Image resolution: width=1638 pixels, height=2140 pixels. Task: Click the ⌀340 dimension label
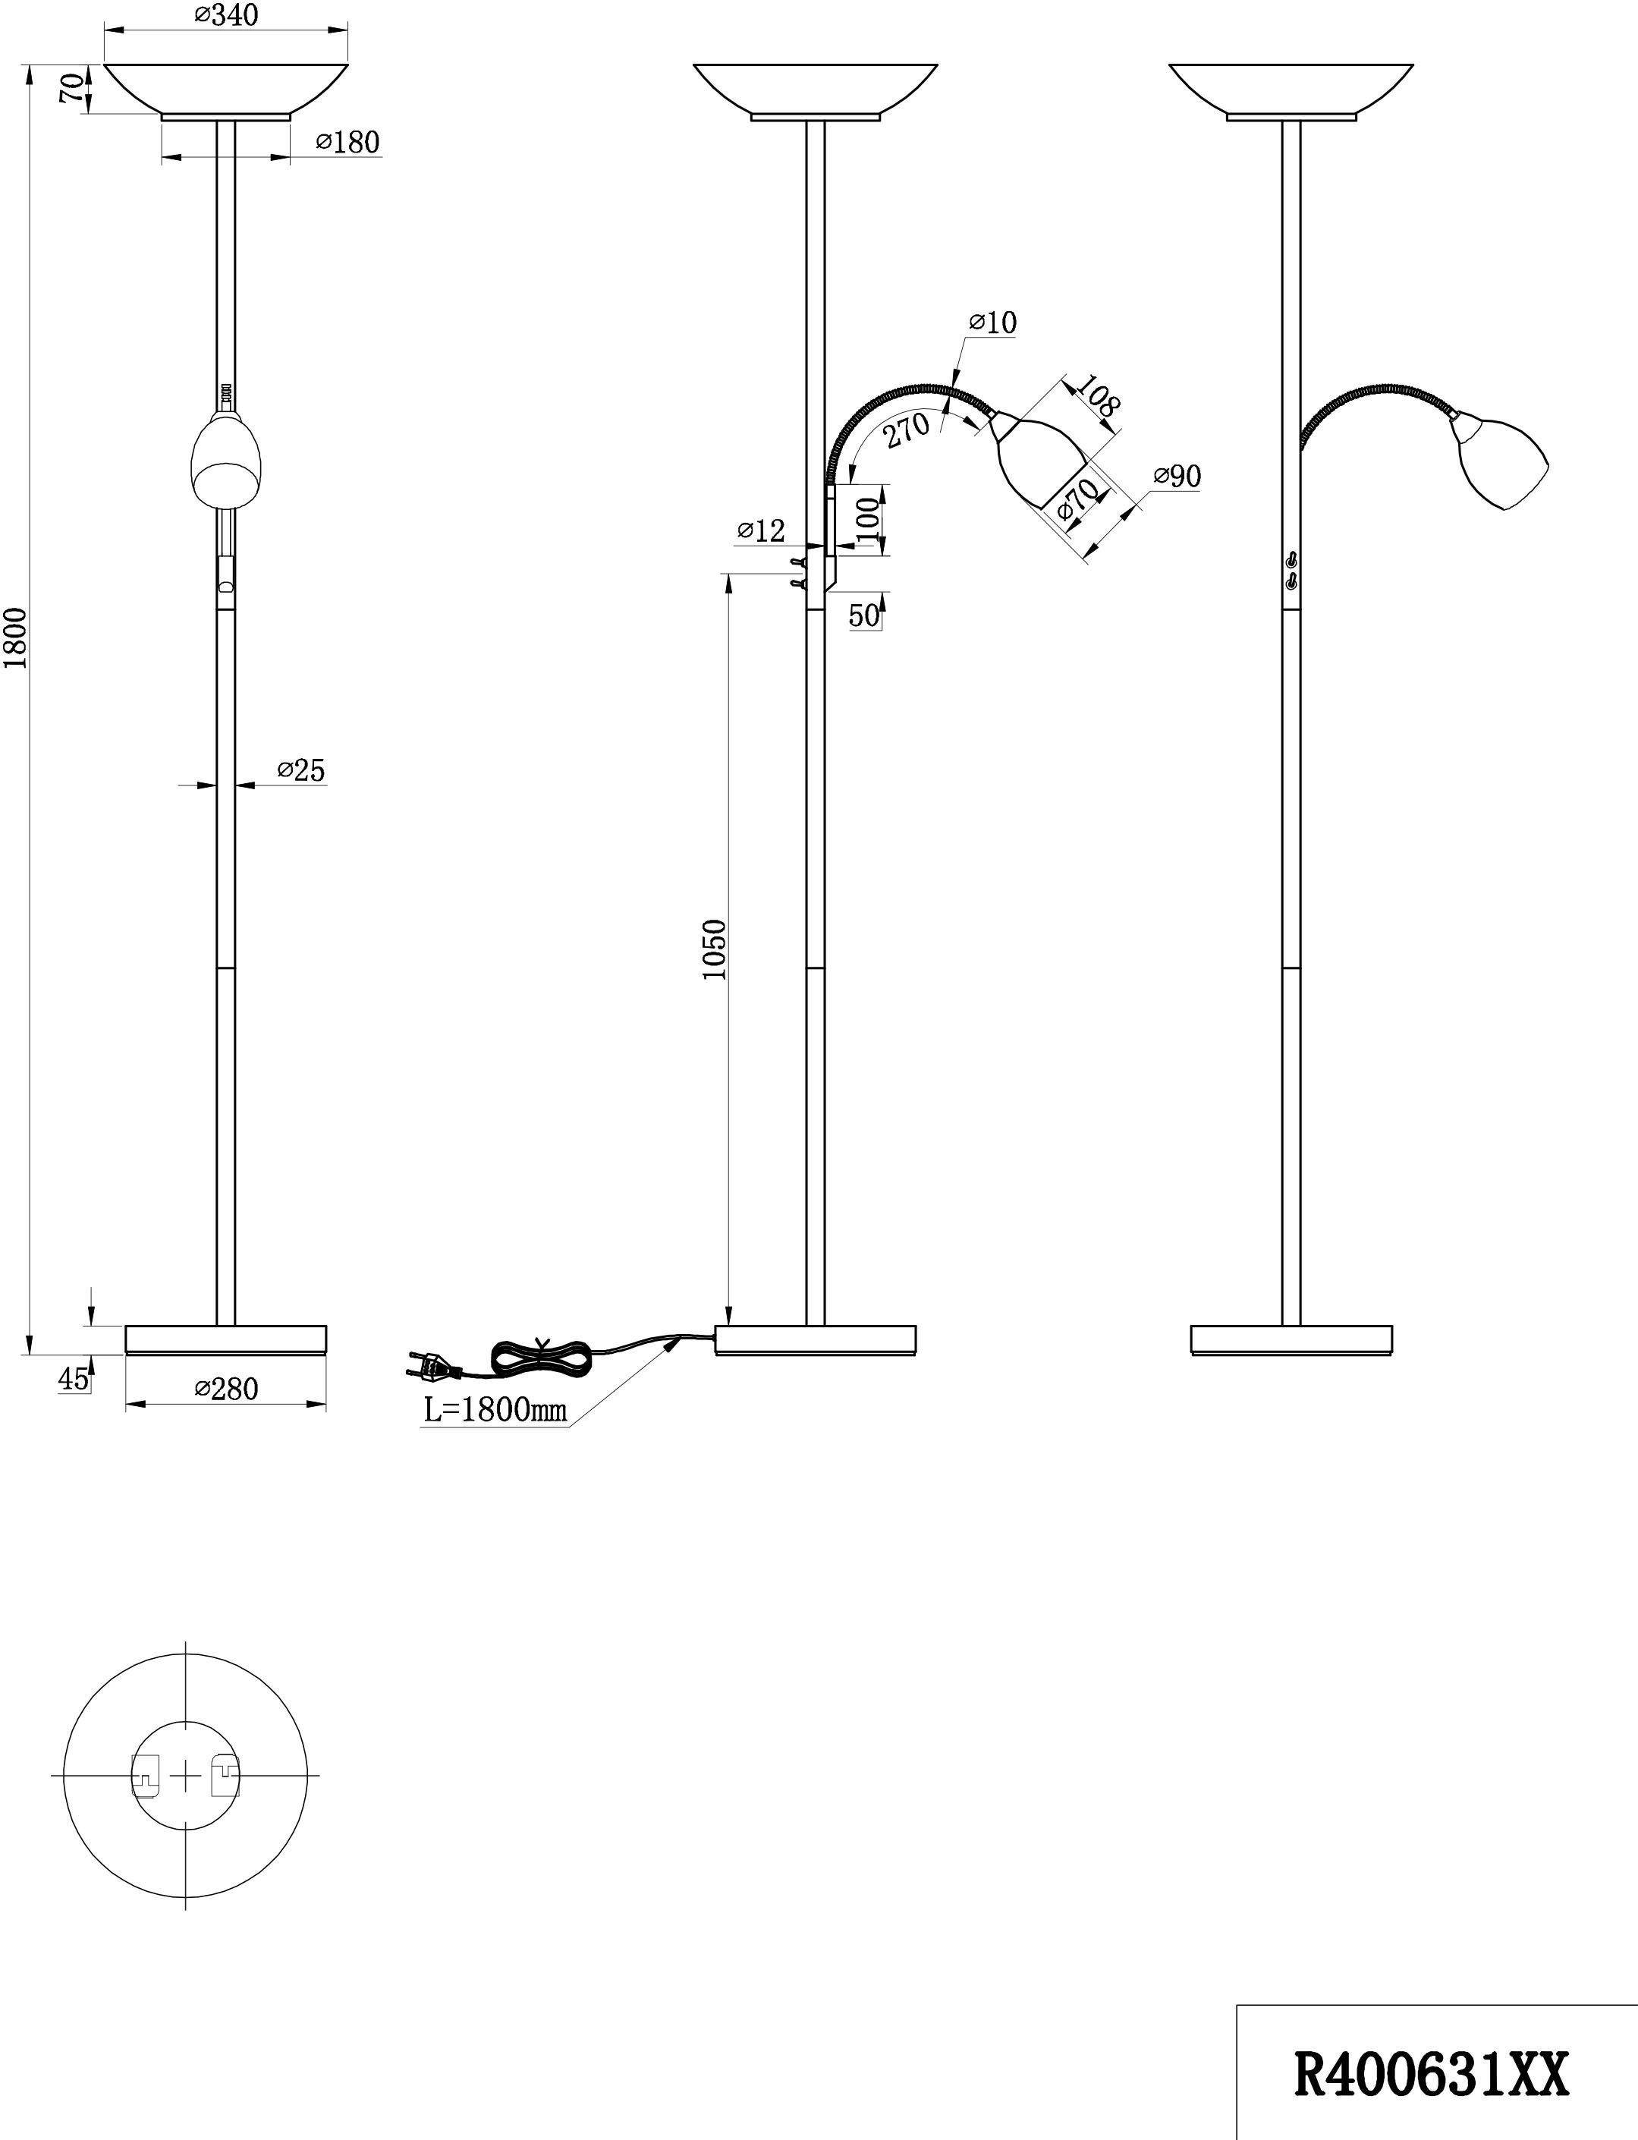226,16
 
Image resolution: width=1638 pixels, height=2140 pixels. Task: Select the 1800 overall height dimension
16,639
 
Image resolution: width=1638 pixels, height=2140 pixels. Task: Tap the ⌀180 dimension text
347,143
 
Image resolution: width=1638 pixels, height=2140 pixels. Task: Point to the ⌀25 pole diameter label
300,770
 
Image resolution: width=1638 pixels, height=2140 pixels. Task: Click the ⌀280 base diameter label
226,1388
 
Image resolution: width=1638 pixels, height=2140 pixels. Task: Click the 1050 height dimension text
715,949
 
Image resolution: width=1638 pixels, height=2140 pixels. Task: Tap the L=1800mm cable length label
495,1410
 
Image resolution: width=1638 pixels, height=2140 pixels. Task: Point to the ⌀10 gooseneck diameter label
992,323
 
